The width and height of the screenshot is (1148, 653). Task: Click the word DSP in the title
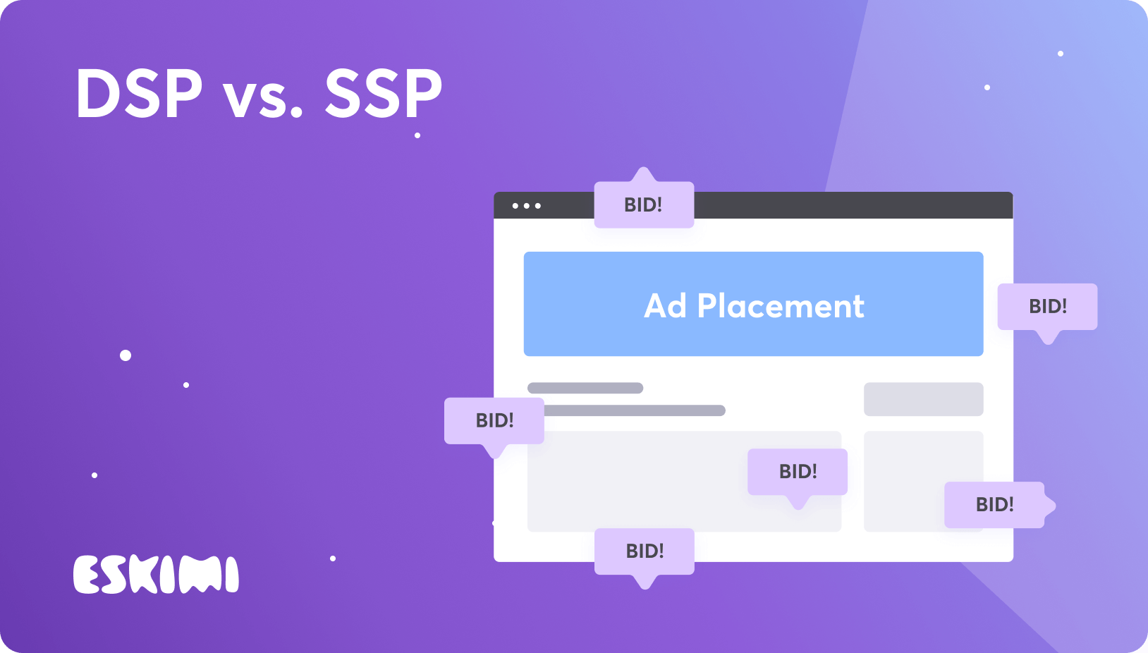pos(139,94)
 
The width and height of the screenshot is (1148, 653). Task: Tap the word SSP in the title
pos(383,94)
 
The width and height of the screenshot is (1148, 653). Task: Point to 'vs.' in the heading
pos(263,99)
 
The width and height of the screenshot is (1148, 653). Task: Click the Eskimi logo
pos(156,575)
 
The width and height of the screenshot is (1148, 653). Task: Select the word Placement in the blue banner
pos(781,306)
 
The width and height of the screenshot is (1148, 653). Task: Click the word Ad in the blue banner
pos(665,306)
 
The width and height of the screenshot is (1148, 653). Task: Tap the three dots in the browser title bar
pos(527,206)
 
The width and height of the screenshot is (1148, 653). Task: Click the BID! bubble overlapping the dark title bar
pos(644,205)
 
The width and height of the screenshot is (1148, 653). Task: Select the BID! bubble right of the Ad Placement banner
pos(1047,307)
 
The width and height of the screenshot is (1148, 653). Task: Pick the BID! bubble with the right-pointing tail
pos(994,505)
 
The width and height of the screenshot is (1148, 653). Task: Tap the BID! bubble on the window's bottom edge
pos(645,551)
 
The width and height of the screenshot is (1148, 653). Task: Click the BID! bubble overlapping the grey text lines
pos(494,421)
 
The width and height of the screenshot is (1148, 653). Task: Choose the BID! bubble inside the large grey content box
pos(798,472)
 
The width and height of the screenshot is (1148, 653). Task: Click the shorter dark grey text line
pos(585,388)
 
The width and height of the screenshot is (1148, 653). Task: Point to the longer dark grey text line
pos(635,410)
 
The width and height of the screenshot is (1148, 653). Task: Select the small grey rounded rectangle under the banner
pos(923,399)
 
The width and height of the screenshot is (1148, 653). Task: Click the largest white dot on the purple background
pos(126,355)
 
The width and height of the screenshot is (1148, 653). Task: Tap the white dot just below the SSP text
pos(417,135)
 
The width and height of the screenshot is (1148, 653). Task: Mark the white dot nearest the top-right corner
pos(1061,54)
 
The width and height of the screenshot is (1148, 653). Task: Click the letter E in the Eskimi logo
pos(89,575)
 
